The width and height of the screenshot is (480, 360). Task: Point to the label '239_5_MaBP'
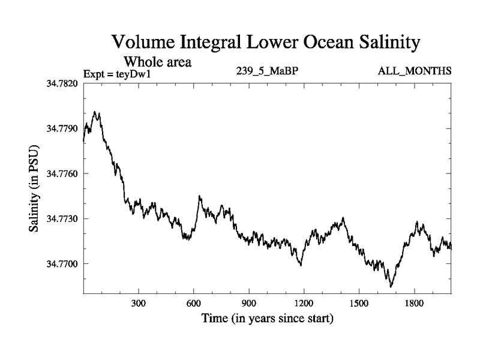(267, 71)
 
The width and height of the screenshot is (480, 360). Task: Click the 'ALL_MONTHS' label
(415, 71)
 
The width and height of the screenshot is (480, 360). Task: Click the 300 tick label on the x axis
(139, 304)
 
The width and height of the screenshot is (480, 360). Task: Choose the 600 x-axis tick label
(193, 304)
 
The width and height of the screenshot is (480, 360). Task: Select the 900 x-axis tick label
(248, 304)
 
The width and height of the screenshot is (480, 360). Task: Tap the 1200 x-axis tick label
(304, 304)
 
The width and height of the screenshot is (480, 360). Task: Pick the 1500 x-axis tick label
(358, 304)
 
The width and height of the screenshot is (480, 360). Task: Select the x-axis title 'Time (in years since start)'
(267, 318)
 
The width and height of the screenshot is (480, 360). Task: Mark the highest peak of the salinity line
(95, 112)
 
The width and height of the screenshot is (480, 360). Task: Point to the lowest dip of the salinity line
(391, 287)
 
